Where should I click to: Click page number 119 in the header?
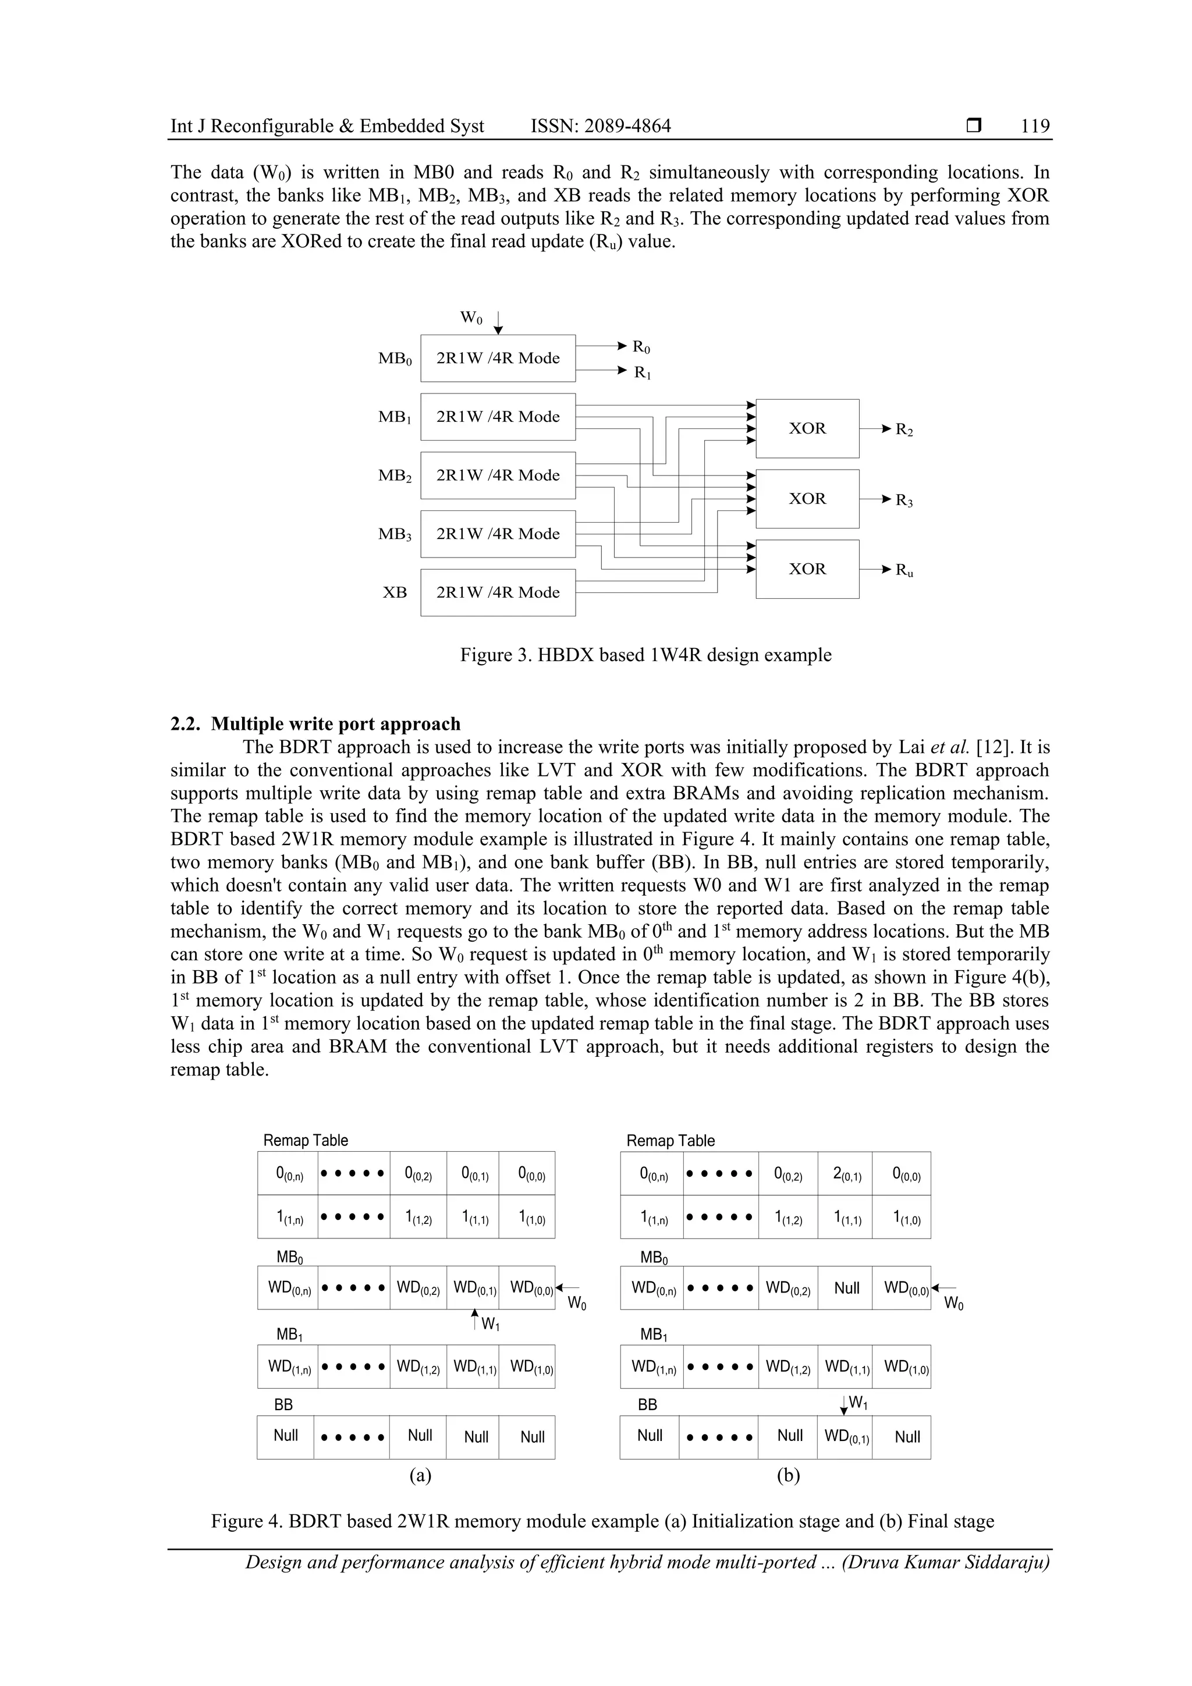point(1035,126)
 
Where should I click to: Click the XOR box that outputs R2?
point(807,429)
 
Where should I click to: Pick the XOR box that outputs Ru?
point(807,569)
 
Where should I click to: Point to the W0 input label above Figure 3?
point(471,318)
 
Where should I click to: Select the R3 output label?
point(904,501)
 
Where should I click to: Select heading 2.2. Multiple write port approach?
point(316,724)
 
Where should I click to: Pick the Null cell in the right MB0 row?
point(846,1288)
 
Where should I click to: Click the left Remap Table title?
point(306,1141)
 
